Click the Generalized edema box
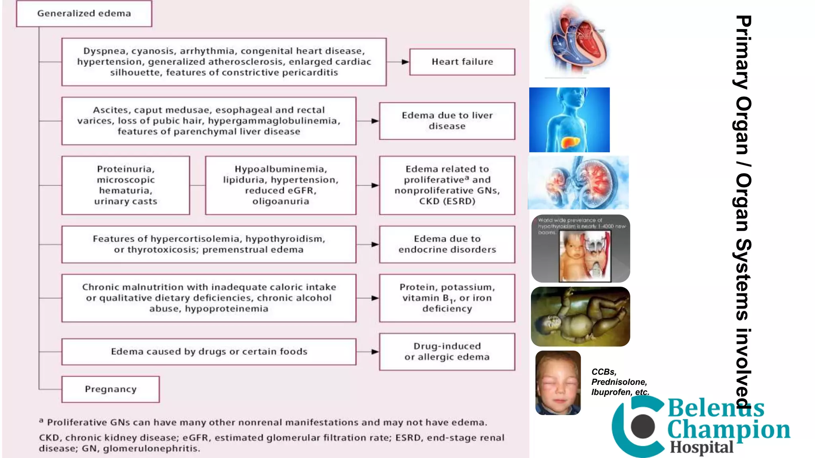pos(84,14)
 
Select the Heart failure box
pos(462,62)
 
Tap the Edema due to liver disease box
pos(447,121)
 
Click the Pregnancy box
pos(111,389)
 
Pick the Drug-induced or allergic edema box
pos(447,351)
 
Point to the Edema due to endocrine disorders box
pos(447,244)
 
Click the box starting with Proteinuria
pos(126,185)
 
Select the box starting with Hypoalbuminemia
pos(281,185)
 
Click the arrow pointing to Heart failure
pos(404,62)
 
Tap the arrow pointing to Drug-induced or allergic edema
pos(374,352)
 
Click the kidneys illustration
pos(578,183)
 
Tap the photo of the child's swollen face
pos(558,383)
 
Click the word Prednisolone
pos(619,382)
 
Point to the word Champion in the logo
pos(728,430)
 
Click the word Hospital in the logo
pos(702,448)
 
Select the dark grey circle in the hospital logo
pos(643,426)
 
